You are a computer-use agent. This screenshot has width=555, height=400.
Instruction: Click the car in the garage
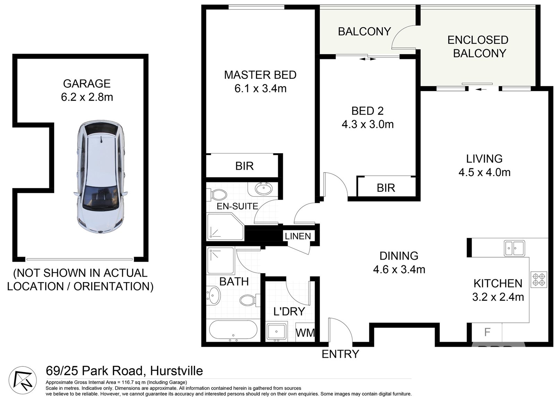(101, 177)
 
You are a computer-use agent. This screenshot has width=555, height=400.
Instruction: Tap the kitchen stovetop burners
(539, 279)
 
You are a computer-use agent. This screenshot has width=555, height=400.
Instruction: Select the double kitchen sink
(514, 248)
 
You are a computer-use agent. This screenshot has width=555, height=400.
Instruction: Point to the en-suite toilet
(217, 194)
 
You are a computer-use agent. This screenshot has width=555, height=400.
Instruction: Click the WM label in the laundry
(305, 333)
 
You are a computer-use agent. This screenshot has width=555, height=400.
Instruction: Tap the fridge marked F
(487, 332)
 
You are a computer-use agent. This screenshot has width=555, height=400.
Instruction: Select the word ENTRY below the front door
(340, 354)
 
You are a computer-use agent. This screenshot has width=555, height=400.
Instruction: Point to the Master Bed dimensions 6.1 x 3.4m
(261, 88)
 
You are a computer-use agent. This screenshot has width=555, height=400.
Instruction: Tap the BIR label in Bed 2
(386, 188)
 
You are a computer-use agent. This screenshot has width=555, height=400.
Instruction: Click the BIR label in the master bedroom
(245, 166)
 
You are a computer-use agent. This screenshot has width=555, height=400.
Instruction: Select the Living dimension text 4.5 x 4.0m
(484, 172)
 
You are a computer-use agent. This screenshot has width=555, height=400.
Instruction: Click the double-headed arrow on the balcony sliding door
(367, 59)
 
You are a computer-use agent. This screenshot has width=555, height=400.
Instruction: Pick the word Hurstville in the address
(177, 371)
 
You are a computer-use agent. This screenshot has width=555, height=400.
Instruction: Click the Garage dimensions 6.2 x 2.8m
(87, 97)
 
